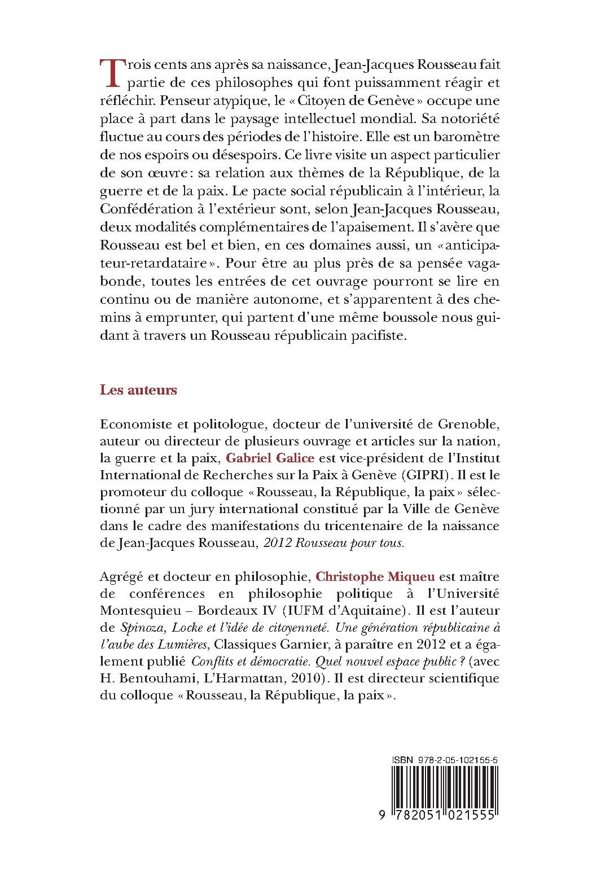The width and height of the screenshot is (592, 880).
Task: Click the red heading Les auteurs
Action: [x=138, y=390]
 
